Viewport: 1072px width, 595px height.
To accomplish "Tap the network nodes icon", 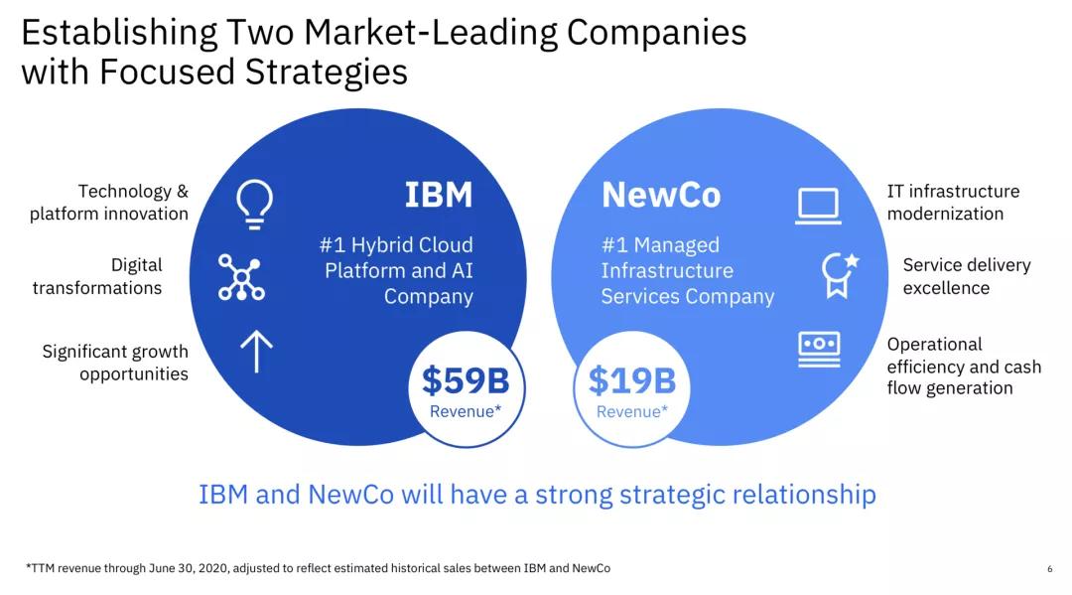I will click(240, 277).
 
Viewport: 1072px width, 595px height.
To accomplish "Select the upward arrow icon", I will click(256, 351).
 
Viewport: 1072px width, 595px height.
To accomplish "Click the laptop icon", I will click(818, 206).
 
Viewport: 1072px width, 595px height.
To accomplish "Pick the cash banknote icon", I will click(819, 349).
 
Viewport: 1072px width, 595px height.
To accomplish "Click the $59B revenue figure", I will click(466, 380).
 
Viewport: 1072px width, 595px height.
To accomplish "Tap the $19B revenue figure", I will click(631, 380).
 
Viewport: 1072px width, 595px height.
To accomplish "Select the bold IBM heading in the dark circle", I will click(439, 195).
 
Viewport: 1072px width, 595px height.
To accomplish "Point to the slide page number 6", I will click(1049, 569).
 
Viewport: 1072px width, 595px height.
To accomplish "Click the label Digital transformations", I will click(97, 277).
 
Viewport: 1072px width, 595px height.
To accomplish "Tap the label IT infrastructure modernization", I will click(953, 203).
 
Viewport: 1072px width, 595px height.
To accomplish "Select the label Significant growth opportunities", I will click(115, 363).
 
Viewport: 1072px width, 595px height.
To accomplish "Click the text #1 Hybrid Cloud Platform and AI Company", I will click(397, 270).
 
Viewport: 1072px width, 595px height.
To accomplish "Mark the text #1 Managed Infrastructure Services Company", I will click(687, 270).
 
